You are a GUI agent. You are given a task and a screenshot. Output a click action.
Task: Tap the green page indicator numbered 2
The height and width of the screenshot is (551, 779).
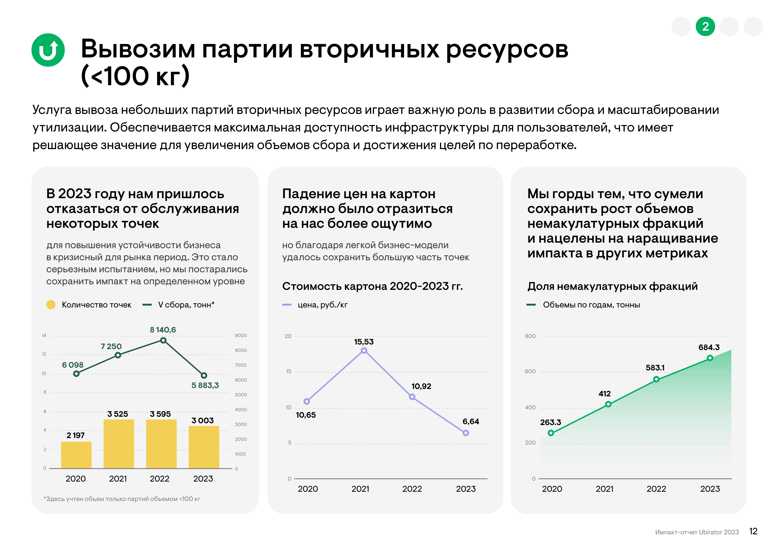tap(705, 26)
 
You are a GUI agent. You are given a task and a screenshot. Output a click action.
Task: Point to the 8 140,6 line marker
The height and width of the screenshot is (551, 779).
tap(163, 340)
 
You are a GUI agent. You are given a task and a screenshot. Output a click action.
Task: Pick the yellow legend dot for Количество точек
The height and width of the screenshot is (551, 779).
tap(51, 305)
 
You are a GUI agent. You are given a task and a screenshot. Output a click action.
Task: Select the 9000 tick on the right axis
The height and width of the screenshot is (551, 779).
tap(241, 335)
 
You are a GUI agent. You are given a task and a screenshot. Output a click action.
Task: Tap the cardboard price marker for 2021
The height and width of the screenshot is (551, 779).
tap(364, 351)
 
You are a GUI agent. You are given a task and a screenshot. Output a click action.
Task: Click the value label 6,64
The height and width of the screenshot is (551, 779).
tap(471, 421)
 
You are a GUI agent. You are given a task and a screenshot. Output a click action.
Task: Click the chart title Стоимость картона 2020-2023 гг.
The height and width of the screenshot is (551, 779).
tap(372, 286)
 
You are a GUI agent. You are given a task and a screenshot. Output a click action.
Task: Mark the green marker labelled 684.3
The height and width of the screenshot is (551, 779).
tap(710, 358)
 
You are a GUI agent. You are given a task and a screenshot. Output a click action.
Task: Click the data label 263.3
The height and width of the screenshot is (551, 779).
tap(550, 422)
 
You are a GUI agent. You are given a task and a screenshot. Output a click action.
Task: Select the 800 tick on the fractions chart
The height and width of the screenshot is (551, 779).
tap(530, 336)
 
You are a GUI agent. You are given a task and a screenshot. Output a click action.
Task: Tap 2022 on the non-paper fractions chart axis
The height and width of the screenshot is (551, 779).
tap(656, 489)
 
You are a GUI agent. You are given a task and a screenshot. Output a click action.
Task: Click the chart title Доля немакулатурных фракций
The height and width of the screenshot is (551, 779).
tap(612, 286)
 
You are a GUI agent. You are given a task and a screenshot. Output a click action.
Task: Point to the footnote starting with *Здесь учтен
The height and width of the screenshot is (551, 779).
tap(122, 499)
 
